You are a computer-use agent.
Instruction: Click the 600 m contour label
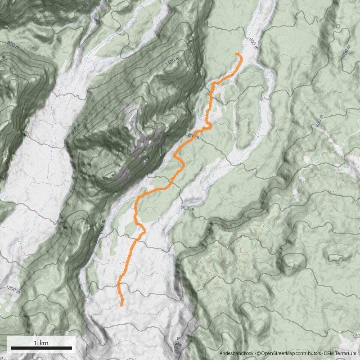pos(253,42)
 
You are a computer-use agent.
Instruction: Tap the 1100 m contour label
pos(172,64)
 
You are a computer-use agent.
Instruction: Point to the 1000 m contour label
pos(102,228)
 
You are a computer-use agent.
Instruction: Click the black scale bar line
pos(41,348)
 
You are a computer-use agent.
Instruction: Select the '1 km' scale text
pos(41,343)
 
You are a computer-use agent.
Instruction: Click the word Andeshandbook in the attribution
pos(237,354)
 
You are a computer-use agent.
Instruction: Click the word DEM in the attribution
pos(329,354)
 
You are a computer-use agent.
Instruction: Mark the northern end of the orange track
pos(235,54)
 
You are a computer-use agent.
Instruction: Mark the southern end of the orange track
pos(122,306)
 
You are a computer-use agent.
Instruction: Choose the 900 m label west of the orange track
pos(76,128)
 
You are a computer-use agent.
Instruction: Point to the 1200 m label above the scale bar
pos(13,288)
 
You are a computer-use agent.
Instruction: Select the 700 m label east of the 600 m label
pos(346,51)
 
